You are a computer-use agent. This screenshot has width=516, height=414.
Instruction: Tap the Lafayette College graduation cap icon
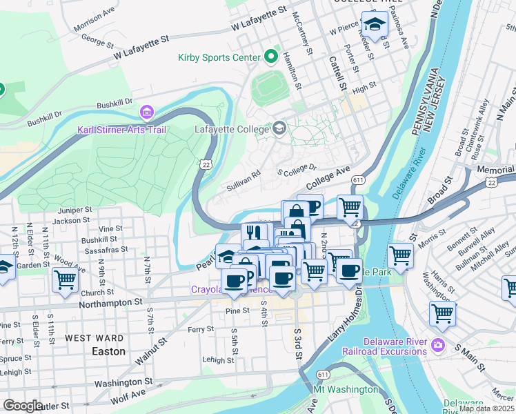279,128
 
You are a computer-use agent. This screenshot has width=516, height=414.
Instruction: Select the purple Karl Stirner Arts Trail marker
146,112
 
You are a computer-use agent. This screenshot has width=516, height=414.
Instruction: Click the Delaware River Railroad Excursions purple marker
437,344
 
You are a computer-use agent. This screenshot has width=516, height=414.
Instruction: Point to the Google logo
23,406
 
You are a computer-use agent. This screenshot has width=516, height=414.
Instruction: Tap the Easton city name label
109,351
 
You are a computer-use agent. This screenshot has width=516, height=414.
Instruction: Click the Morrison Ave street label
94,21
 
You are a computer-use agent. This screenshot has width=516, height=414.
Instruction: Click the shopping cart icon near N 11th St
65,280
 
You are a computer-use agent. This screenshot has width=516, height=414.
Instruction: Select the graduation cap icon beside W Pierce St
375,25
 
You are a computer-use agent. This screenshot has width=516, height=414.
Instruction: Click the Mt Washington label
346,389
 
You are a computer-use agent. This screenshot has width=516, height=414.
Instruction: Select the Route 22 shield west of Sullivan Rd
206,164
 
